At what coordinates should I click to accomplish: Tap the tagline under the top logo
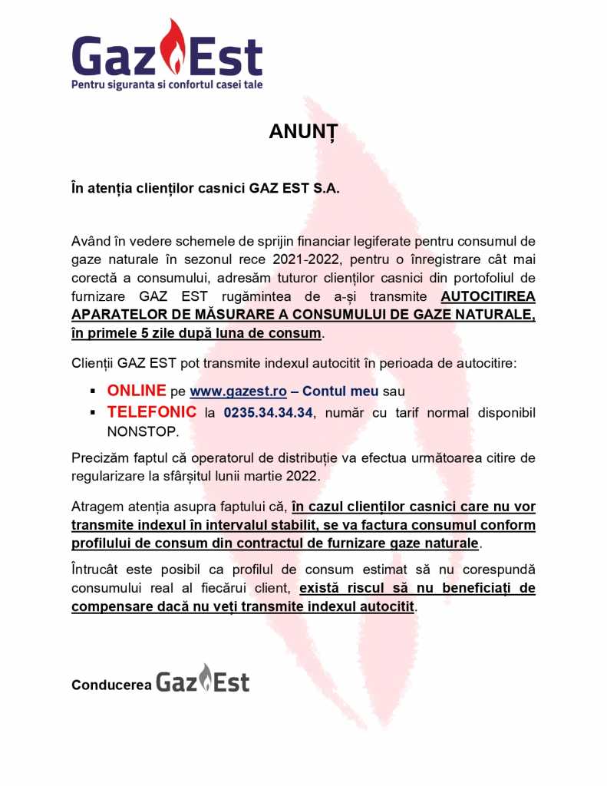[x=167, y=84]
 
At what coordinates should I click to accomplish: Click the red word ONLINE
[x=137, y=391]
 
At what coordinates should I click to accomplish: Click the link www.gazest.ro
[x=239, y=391]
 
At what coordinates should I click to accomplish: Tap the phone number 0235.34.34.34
[x=268, y=413]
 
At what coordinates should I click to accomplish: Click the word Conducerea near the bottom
[x=111, y=685]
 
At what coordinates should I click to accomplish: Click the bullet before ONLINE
[x=91, y=391]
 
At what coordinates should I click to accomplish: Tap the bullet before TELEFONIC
[x=91, y=413]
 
